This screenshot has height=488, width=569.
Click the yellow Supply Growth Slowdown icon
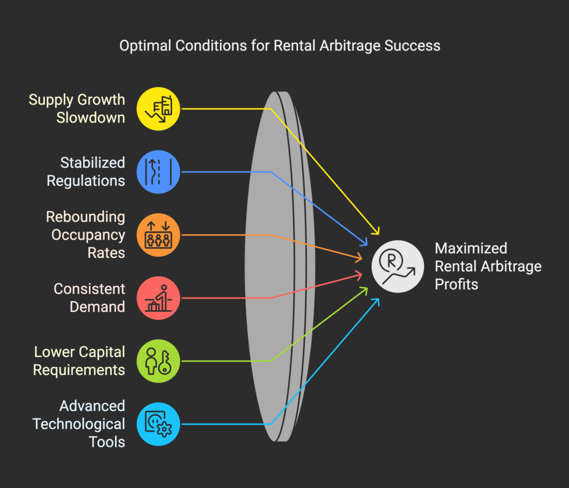click(158, 108)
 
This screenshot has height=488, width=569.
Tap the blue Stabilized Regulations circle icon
click(158, 172)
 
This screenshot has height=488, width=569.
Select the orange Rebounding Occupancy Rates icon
click(158, 235)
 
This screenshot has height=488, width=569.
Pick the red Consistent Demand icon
click(158, 298)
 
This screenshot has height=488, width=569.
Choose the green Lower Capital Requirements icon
click(158, 361)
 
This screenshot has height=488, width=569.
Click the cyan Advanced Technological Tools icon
click(158, 425)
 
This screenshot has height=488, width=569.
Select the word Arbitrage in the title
click(348, 46)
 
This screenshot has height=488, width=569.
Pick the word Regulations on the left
click(86, 181)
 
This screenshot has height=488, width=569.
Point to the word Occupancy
click(88, 235)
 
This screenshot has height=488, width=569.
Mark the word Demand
click(98, 306)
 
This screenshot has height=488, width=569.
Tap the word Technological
click(78, 424)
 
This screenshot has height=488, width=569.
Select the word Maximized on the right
click(471, 248)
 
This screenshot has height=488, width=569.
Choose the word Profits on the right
click(456, 285)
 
